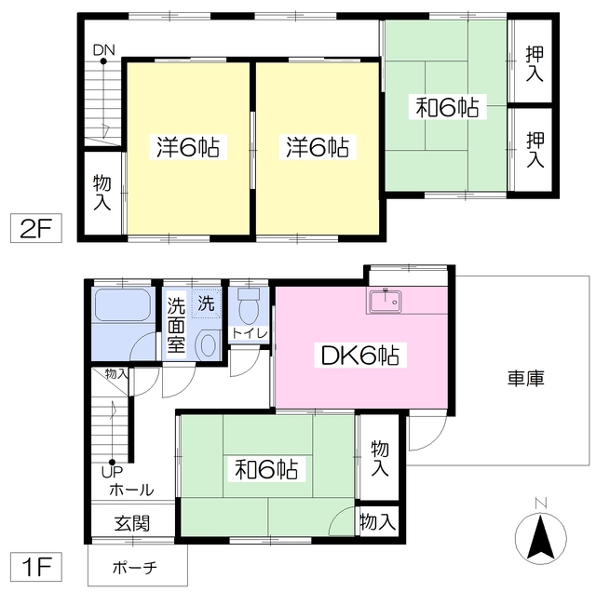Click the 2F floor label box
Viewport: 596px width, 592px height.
tap(34, 229)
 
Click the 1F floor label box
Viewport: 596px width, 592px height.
tap(34, 565)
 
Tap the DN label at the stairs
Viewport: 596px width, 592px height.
tap(102, 50)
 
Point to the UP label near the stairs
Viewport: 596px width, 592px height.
tap(111, 472)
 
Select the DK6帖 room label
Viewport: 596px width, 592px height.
tap(361, 356)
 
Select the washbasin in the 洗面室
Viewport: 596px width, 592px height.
tap(206, 344)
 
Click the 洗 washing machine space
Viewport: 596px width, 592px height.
tap(205, 303)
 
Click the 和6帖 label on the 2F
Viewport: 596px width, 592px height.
tap(445, 109)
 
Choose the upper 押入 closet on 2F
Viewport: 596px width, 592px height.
tap(535, 63)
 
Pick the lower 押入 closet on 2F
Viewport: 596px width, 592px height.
tap(535, 149)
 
